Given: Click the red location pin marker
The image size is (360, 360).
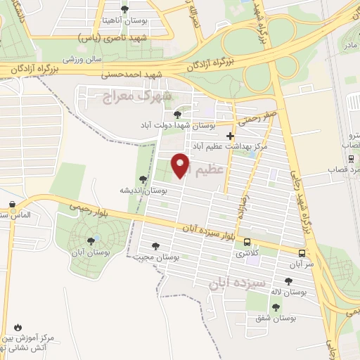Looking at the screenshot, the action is (x=181, y=166).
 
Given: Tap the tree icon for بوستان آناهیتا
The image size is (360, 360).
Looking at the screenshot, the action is (x=125, y=9).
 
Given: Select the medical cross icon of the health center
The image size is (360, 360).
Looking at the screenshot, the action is (x=230, y=136).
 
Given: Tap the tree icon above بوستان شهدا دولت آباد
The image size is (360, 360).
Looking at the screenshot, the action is (x=176, y=114).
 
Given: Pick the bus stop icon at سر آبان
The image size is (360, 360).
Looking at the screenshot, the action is (x=302, y=253).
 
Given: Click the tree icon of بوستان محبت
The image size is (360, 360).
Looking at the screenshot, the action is (x=155, y=246).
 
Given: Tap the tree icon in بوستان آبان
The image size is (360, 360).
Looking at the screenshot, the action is (x=89, y=241).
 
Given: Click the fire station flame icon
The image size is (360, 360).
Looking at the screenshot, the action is (x=18, y=328).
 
